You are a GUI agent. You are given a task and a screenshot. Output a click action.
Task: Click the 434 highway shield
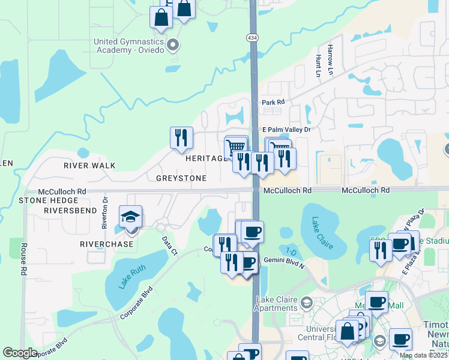252,38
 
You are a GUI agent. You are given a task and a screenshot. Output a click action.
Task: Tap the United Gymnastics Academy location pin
173,45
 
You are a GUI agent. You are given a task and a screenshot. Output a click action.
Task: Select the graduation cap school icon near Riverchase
130,218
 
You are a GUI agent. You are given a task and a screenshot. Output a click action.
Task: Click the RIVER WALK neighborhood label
90,165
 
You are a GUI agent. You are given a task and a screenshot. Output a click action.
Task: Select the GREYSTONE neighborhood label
181,178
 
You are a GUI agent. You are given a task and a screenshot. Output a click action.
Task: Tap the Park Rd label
272,103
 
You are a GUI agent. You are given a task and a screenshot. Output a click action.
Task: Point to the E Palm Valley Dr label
286,130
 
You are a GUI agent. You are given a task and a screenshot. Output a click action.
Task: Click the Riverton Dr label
105,213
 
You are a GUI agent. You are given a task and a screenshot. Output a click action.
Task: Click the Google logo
20,353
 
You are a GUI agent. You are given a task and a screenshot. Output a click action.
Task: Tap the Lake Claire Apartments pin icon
307,301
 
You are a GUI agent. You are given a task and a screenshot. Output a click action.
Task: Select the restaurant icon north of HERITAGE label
181,138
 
